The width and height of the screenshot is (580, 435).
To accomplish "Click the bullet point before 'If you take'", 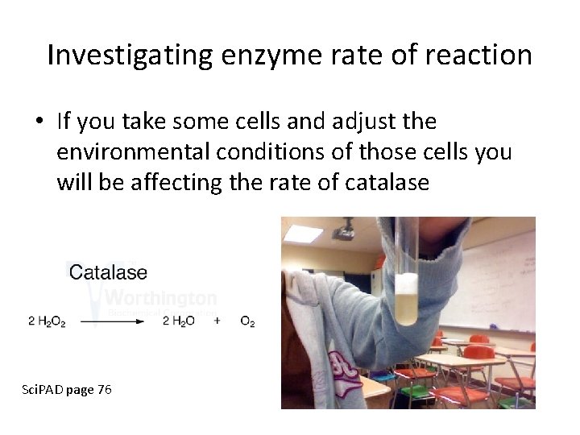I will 39,122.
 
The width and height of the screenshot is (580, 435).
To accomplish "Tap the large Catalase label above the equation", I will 109,273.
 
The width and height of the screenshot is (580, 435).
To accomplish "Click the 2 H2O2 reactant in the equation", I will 47,321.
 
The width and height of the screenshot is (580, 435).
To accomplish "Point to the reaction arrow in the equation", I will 112,321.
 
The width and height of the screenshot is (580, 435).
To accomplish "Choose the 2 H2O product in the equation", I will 179,321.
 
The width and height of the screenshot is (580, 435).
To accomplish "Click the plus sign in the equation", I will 217,321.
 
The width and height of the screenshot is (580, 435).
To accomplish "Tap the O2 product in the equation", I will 247,321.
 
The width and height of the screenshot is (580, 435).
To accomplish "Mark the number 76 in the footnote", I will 104,390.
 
